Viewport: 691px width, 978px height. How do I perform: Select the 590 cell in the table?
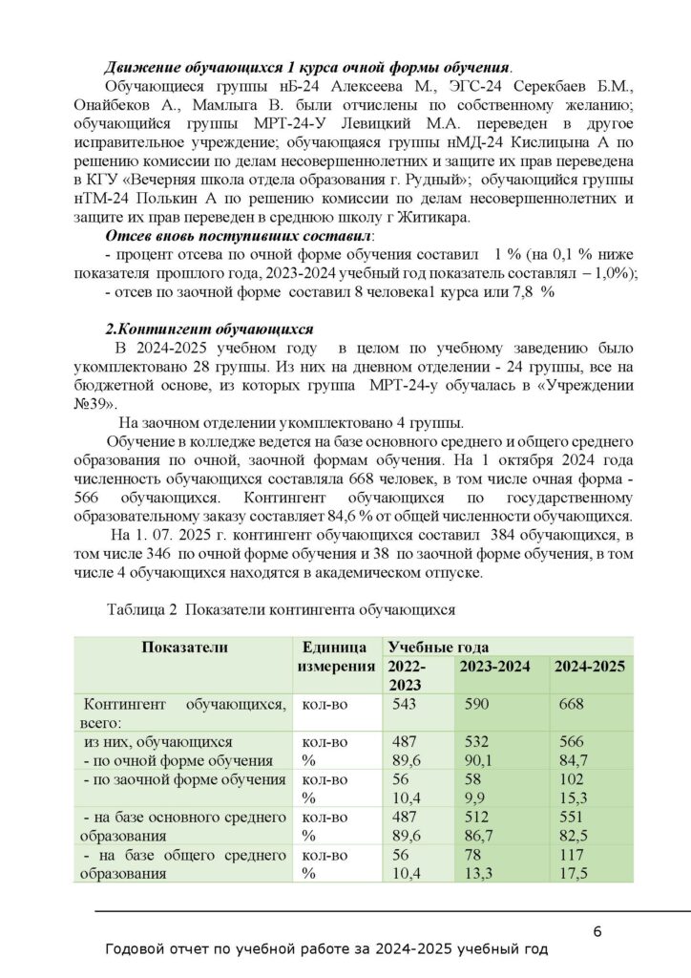(477, 704)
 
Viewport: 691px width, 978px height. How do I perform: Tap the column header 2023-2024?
(497, 666)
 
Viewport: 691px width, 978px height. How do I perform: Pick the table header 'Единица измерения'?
(334, 656)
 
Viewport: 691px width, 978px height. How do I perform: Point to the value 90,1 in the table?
(476, 760)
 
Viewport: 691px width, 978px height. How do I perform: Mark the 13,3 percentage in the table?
(476, 873)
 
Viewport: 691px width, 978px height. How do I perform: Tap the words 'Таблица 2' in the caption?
(143, 607)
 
